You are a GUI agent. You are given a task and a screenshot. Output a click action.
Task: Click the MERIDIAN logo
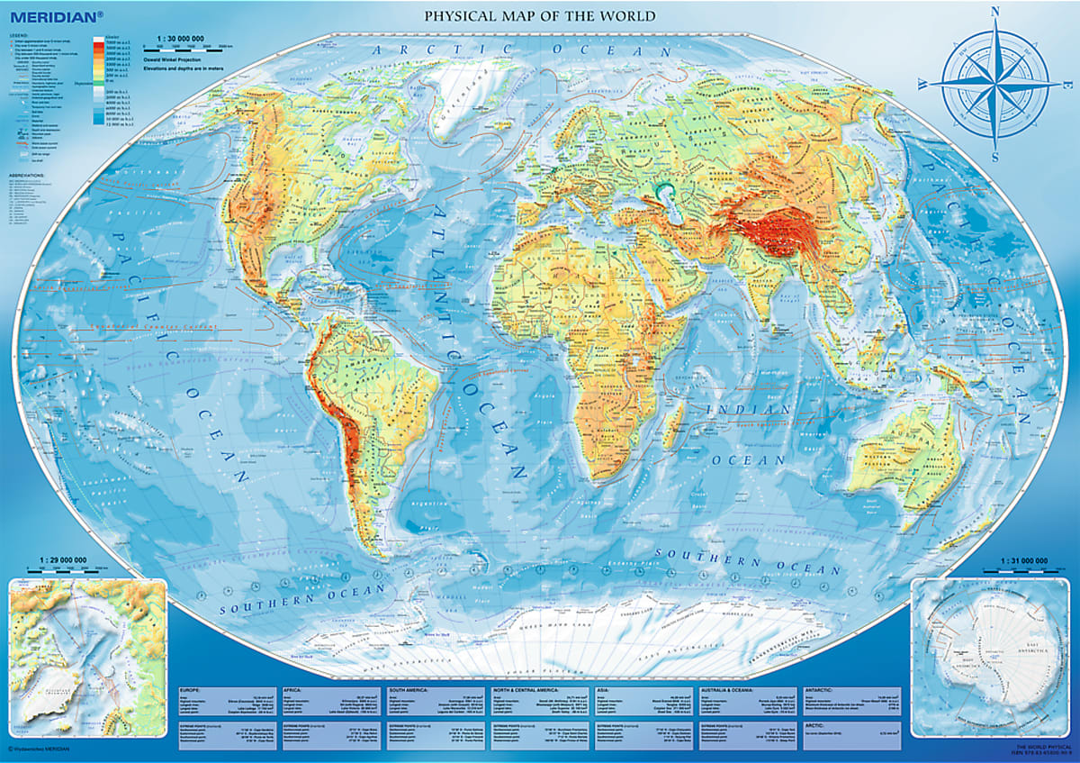point(41,15)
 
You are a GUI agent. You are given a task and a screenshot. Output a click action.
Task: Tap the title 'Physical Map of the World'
point(540,16)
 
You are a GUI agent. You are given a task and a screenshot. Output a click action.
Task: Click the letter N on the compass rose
point(995,13)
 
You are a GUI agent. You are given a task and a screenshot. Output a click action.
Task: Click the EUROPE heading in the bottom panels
point(185,691)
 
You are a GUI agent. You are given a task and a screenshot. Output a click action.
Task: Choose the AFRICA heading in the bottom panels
point(291,691)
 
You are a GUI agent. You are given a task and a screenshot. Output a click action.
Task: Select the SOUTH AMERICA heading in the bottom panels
point(410,691)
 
